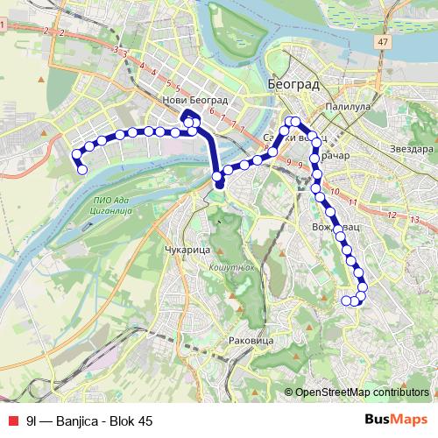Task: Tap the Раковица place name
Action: [251, 339]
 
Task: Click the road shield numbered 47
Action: [383, 42]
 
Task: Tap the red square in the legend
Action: [11, 420]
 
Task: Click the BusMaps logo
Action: [396, 419]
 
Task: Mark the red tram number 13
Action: [391, 215]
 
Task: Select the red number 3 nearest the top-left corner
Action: [115, 49]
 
